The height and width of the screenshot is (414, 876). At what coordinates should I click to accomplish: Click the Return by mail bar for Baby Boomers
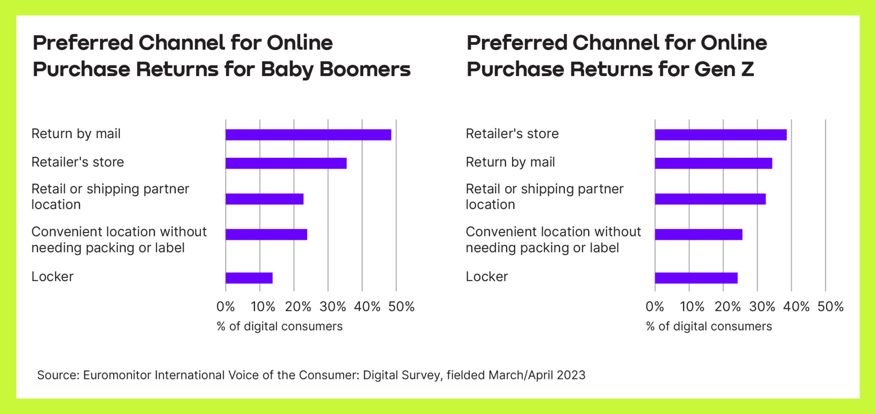[308, 135]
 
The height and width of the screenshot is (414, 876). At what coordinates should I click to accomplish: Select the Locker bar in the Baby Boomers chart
[249, 278]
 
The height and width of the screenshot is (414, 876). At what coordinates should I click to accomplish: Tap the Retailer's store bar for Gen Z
[721, 135]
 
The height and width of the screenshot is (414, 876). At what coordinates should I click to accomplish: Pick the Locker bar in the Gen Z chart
[696, 278]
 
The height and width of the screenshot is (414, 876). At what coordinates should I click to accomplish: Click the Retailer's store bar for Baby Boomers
[286, 163]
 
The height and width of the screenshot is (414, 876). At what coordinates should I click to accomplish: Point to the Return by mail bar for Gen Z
[713, 163]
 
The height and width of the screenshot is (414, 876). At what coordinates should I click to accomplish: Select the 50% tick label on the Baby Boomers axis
[401, 307]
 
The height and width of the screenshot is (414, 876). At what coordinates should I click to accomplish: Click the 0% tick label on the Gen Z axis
[655, 307]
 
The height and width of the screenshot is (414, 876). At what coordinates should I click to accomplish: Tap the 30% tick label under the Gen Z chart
[762, 307]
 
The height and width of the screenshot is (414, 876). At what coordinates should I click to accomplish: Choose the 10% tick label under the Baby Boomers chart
[263, 307]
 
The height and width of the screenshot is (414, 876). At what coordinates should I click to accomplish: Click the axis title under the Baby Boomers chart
[280, 326]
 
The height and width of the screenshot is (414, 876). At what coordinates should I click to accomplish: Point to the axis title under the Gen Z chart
[709, 326]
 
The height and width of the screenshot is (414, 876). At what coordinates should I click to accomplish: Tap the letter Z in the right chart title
[747, 69]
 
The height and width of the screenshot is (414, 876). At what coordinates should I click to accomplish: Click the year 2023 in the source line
[571, 375]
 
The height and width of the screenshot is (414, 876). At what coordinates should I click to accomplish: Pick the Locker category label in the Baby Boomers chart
[53, 277]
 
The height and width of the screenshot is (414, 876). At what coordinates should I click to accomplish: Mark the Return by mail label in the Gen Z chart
[510, 162]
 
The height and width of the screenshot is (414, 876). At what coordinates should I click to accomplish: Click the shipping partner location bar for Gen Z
[710, 199]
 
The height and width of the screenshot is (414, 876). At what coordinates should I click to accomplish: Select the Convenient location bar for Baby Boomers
[266, 234]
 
